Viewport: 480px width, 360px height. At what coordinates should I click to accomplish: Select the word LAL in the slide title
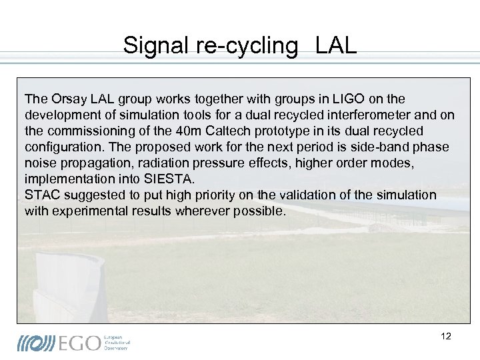pyautogui.click(x=336, y=45)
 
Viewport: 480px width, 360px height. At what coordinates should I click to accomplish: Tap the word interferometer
pyautogui.click(x=357, y=115)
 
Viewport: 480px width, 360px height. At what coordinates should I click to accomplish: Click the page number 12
pyautogui.click(x=446, y=336)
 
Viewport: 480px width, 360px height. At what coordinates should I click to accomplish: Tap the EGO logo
pyautogui.click(x=73, y=342)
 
